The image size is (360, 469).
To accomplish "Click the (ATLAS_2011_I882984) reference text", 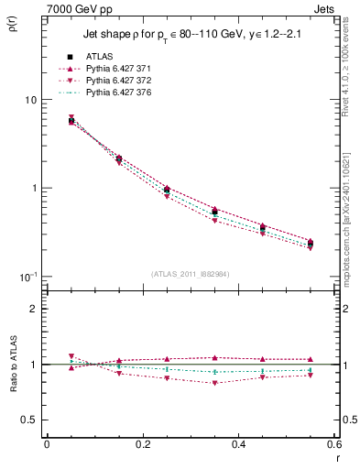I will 191,273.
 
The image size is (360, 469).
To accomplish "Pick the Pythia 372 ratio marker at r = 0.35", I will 214,383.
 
